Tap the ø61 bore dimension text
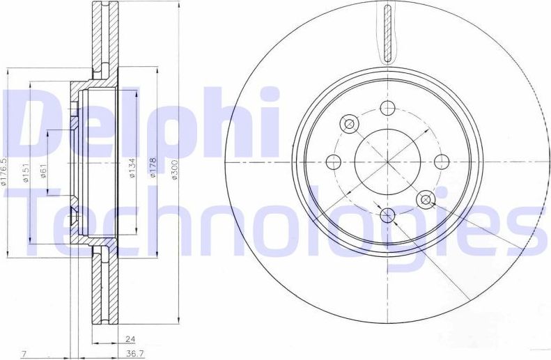point(43,170)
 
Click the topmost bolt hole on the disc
point(388,109)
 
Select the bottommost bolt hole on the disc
point(388,215)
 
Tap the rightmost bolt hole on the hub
point(441,162)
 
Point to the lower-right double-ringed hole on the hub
point(426,200)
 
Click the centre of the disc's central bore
point(388,162)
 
